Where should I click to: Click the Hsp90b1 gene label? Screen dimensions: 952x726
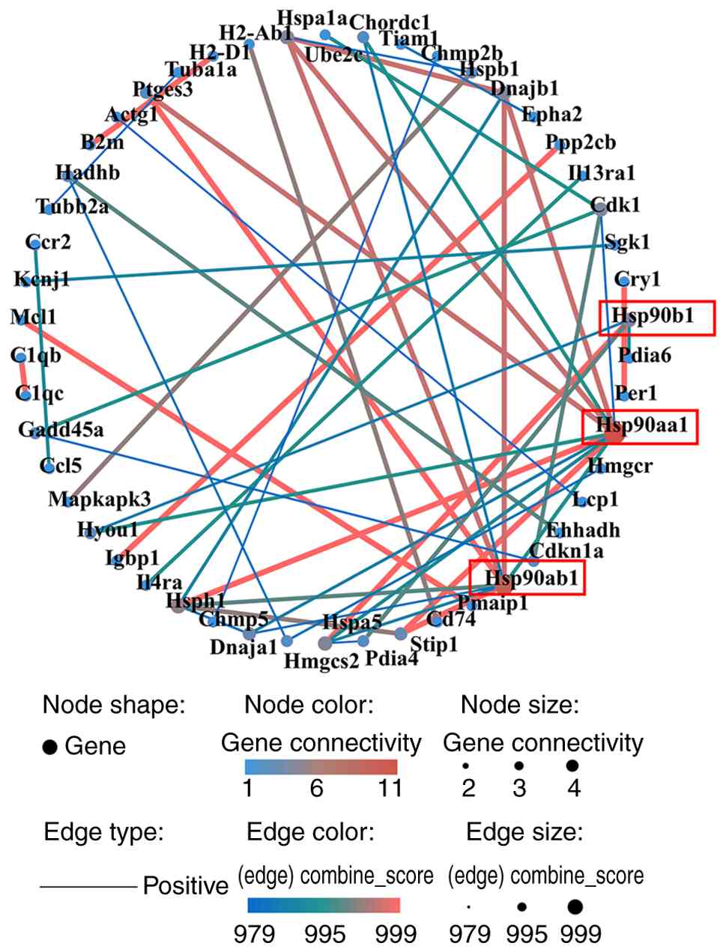[x=653, y=316]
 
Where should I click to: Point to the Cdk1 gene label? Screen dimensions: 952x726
[x=615, y=204]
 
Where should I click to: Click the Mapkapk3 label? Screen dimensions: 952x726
[x=100, y=499]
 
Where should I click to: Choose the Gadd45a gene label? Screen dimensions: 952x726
[x=61, y=430]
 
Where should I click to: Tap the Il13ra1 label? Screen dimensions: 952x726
[x=602, y=174]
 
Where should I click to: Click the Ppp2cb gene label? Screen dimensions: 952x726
[x=581, y=142]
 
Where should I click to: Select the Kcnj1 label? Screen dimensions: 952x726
[x=41, y=280]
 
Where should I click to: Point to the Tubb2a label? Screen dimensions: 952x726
[x=72, y=206]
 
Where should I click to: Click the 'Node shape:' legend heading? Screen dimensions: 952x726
[x=114, y=705]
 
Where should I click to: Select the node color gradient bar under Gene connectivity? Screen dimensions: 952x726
[x=321, y=767]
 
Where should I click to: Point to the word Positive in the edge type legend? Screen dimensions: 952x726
[x=185, y=886]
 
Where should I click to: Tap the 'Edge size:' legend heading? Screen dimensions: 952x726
[x=524, y=832]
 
